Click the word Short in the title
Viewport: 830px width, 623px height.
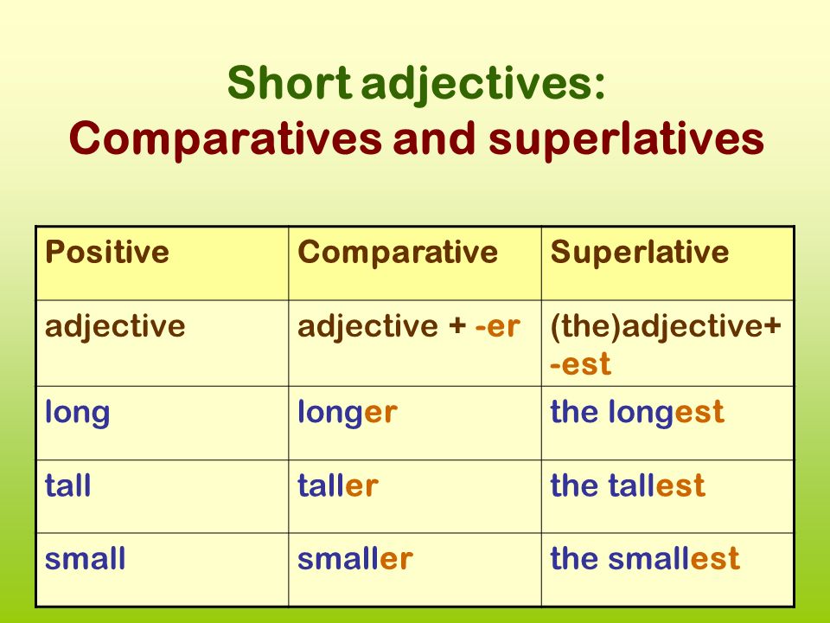pyautogui.click(x=290, y=83)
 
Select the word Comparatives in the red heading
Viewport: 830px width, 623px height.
pyautogui.click(x=225, y=139)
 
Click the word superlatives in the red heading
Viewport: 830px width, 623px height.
pyautogui.click(x=626, y=139)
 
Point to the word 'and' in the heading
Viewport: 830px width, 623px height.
pyautogui.click(x=434, y=138)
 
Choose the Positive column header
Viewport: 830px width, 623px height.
pyautogui.click(x=107, y=252)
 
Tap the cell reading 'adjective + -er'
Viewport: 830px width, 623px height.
pyautogui.click(x=409, y=327)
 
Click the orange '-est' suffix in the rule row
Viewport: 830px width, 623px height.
pyautogui.click(x=580, y=364)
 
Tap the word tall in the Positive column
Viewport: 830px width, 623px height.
pyautogui.click(x=67, y=485)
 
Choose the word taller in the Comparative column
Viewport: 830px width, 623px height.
pyautogui.click(x=338, y=485)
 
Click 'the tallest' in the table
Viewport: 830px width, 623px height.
pyautogui.click(x=628, y=485)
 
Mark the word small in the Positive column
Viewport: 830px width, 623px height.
pyautogui.click(x=86, y=558)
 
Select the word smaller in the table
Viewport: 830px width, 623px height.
pyautogui.click(x=355, y=558)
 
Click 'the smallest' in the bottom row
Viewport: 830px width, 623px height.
pyautogui.click(x=645, y=558)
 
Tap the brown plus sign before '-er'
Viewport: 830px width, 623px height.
pyautogui.click(x=457, y=327)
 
